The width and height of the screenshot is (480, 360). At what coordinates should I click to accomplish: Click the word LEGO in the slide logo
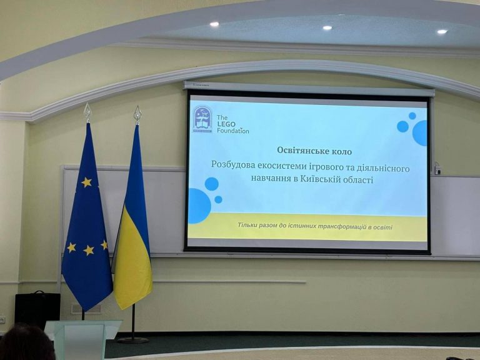226,124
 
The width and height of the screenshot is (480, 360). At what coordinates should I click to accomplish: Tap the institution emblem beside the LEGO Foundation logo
202,119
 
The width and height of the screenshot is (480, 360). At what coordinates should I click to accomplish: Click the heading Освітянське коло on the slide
314,151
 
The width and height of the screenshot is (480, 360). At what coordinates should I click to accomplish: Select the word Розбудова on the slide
232,164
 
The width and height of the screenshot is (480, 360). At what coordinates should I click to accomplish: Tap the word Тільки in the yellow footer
247,225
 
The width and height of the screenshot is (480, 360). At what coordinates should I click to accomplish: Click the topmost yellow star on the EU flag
86,182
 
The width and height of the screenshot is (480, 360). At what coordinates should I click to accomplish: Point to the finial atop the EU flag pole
87,112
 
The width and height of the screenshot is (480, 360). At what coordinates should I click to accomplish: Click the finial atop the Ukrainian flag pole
137,114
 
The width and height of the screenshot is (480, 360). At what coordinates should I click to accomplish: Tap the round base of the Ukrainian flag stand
133,340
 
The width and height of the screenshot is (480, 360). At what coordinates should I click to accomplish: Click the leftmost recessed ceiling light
214,24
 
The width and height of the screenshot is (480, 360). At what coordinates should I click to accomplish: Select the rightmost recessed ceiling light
442,31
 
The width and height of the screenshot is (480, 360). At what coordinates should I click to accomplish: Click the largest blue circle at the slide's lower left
199,206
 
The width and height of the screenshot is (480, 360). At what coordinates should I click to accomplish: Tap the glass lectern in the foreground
82,340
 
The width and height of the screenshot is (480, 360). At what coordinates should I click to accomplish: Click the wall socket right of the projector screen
437,169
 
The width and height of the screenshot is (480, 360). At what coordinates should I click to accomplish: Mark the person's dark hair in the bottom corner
26,343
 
